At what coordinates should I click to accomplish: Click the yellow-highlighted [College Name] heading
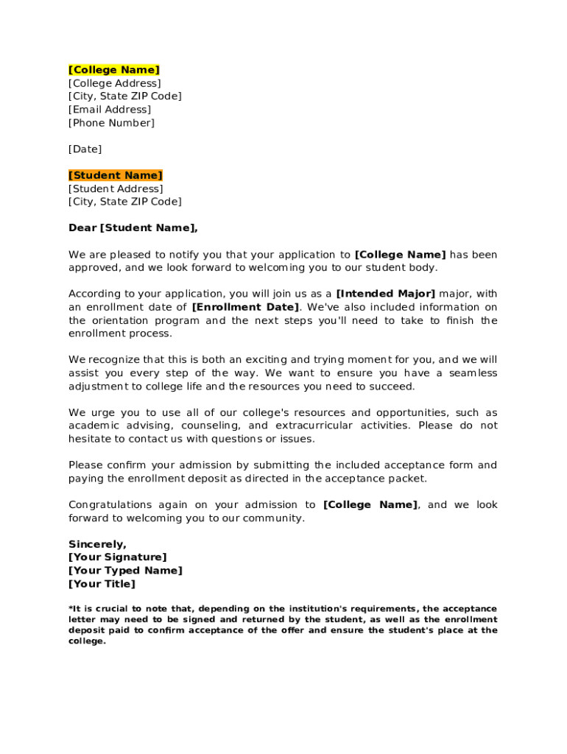tap(114, 70)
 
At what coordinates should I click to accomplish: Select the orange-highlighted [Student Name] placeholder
tap(116, 175)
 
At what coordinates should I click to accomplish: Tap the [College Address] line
tap(114, 83)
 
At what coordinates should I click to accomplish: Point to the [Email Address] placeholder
tap(110, 110)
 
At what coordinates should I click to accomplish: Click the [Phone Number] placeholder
tap(112, 123)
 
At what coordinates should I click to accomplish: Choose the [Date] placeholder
tap(85, 149)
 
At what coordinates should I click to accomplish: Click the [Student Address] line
tap(116, 188)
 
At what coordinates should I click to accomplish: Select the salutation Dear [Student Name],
tap(133, 228)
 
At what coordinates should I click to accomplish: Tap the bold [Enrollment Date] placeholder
tap(246, 307)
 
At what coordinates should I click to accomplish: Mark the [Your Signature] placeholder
tap(118, 557)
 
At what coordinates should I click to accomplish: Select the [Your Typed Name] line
tap(125, 571)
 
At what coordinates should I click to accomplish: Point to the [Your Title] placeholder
tap(102, 584)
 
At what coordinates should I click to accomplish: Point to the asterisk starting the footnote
tap(70, 608)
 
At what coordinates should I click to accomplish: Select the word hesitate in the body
tap(90, 439)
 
